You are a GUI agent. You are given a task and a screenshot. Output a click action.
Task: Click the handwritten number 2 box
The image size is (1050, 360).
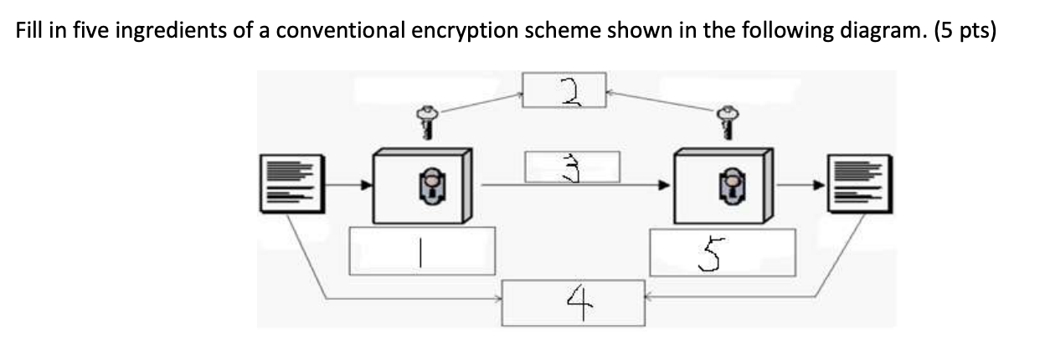564,90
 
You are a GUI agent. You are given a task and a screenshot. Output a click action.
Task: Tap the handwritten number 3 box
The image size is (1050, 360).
572,167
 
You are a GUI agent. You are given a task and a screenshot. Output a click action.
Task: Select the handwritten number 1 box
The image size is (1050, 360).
421,250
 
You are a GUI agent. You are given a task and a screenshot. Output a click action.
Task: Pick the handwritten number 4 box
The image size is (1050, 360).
573,302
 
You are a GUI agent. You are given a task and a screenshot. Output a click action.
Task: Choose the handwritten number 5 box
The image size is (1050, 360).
721,250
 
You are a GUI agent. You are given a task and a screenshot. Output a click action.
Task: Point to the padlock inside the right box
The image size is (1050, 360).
732,183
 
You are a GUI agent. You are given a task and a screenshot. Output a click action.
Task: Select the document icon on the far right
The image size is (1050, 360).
857,184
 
